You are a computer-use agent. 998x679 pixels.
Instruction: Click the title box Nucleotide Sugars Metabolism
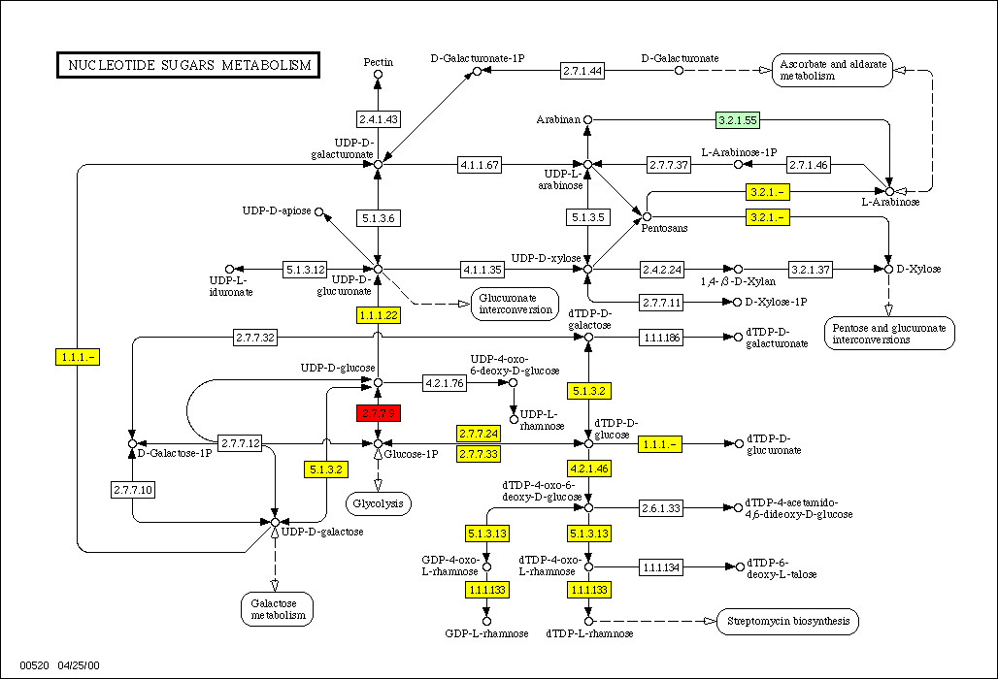[188, 66]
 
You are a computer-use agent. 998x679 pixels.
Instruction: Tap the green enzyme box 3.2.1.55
[737, 120]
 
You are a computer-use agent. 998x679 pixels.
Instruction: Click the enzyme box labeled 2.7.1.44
[582, 70]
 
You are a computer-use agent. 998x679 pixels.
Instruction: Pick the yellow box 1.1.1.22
[378, 315]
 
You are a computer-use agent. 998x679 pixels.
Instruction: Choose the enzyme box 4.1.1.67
[480, 165]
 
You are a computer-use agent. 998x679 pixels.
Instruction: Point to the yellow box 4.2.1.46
[589, 469]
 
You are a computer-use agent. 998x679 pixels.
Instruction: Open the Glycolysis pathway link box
[379, 503]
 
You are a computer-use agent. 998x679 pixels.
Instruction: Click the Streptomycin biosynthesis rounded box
[787, 621]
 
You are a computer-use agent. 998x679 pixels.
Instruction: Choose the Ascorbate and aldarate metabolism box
[833, 70]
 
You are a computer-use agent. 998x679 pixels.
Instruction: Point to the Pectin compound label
[379, 62]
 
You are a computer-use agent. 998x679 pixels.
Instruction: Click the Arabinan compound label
[557, 120]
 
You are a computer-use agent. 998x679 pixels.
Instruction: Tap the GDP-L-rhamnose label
[487, 633]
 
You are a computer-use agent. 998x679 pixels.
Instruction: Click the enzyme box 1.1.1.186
[660, 337]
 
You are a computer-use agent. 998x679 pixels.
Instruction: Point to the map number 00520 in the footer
[32, 665]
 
